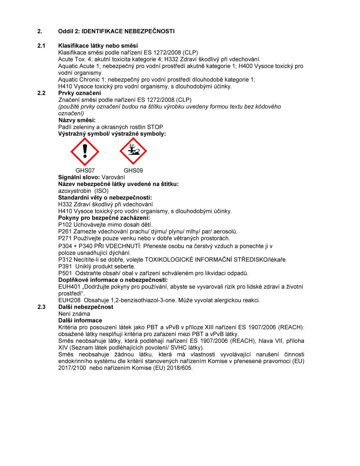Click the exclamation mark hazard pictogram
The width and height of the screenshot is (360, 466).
84,151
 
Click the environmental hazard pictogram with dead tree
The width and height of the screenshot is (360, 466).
133,151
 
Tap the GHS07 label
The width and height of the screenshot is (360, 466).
85,170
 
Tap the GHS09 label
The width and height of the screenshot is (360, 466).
133,170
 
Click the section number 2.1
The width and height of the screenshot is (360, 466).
41,46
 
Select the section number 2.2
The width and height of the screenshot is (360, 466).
41,93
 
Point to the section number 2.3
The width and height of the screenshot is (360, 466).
41,307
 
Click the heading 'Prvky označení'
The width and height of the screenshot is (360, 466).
80,93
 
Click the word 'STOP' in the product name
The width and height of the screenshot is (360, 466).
155,127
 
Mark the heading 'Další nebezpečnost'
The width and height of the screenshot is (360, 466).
86,307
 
